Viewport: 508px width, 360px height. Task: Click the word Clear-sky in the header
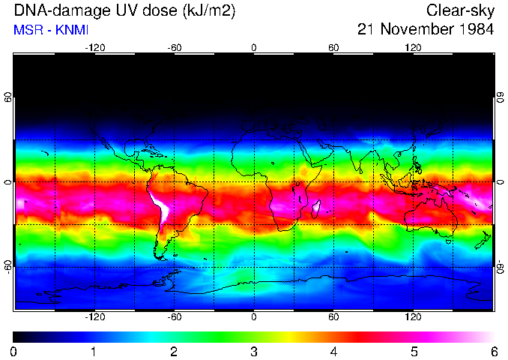(460, 10)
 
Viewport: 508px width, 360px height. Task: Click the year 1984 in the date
(473, 30)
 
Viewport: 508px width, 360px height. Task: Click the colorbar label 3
(253, 351)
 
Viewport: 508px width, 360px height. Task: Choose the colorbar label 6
(493, 351)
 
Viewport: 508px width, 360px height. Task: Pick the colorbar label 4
(333, 351)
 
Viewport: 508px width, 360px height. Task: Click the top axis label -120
(94, 47)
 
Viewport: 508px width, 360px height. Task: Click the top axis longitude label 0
(254, 47)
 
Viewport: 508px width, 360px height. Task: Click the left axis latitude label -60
(7, 266)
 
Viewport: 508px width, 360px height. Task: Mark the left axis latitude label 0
(7, 182)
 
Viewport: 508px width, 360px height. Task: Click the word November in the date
(417, 30)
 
